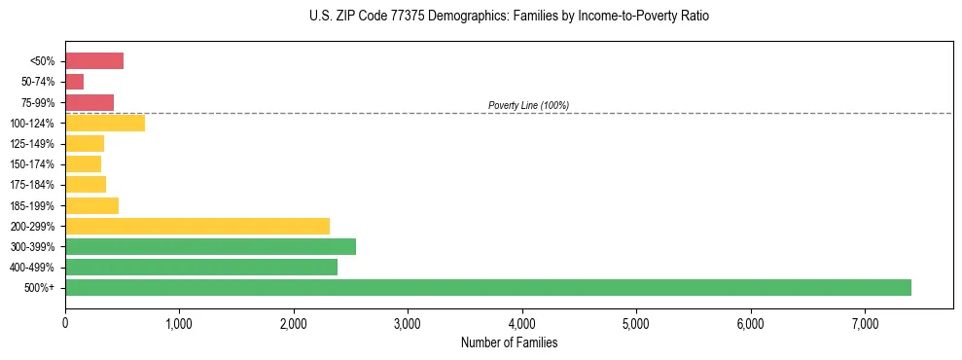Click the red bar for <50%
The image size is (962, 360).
(94, 61)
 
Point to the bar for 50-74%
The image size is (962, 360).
(75, 82)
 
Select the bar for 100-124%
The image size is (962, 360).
(105, 123)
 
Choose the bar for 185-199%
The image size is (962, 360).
(92, 205)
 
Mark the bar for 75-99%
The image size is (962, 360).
(89, 102)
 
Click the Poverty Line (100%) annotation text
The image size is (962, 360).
(528, 105)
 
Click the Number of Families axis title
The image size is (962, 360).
(509, 342)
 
